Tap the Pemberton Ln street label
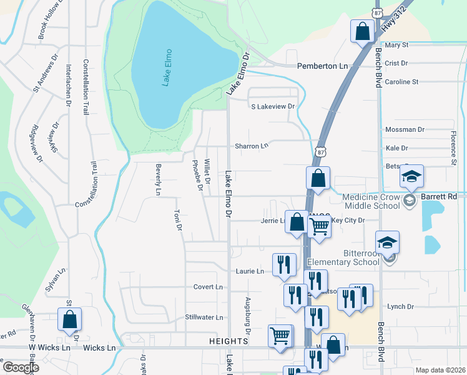tap(322, 66)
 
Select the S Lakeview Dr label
tap(272, 107)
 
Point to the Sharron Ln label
tap(251, 146)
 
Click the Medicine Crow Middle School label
tap(371, 201)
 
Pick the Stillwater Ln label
tap(204, 317)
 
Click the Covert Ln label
tap(208, 287)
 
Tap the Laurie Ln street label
tap(249, 271)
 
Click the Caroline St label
tap(401, 82)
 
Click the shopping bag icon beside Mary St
tap(362, 31)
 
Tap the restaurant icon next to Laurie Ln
tap(284, 265)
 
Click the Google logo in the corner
tap(20, 367)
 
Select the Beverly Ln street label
tap(158, 179)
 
